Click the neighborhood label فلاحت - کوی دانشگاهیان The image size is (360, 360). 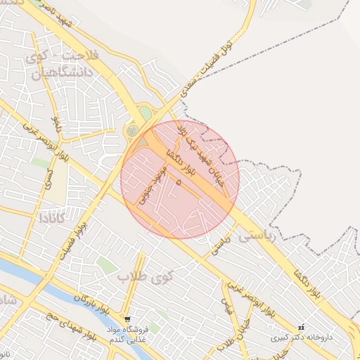63,63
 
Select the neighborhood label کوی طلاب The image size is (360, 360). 143,275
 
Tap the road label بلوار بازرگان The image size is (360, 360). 89,301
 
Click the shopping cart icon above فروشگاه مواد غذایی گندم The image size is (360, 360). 126,319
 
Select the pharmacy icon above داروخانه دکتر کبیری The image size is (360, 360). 302,327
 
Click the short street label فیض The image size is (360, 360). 226,307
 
